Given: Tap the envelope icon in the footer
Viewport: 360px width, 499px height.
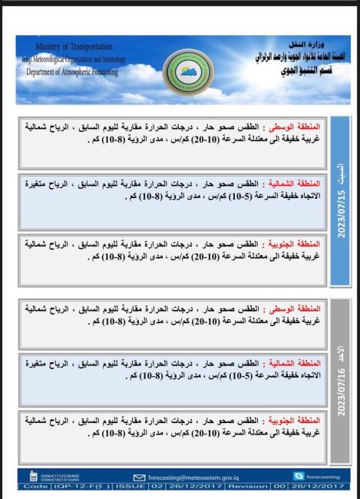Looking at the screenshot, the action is coord(139,477).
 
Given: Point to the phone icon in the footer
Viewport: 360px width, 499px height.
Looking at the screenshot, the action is coord(33,477).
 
